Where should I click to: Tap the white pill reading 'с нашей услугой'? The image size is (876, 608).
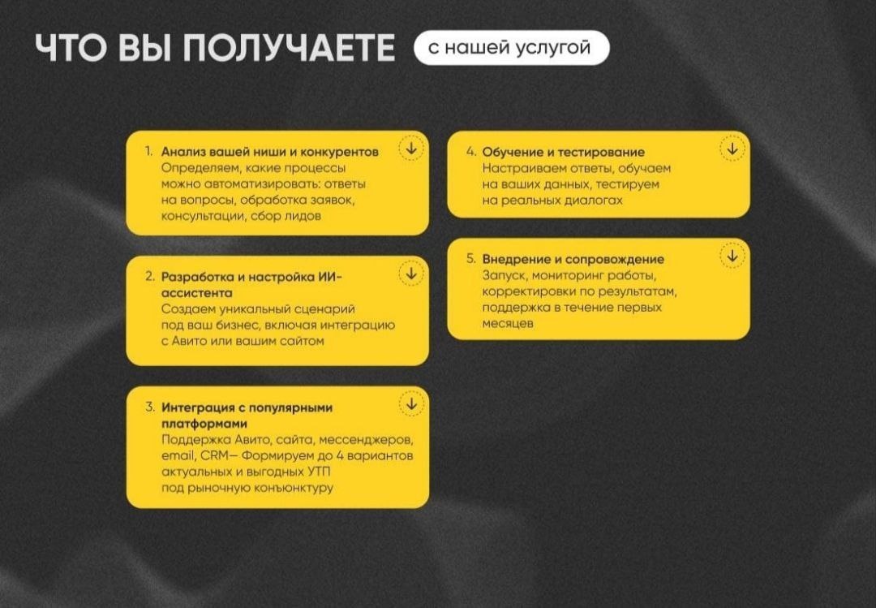pos(511,48)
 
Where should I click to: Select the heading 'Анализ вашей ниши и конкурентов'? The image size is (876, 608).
pos(269,152)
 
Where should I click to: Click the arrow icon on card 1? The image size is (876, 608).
pos(411,149)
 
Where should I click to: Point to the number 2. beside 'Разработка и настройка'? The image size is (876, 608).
pos(150,276)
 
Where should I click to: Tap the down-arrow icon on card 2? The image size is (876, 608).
pos(411,274)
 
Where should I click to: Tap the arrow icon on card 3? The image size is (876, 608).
pos(411,403)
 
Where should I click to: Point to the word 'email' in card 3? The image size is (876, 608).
pos(178,455)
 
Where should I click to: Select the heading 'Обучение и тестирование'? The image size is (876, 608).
pos(563,152)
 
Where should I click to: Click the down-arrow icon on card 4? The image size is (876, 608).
pos(732,149)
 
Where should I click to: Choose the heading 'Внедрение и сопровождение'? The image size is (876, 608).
pos(573,259)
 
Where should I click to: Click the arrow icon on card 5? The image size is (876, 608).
pos(732,256)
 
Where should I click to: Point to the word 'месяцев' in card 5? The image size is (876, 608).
pos(508,324)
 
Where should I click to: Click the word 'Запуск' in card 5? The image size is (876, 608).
pos(503,275)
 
